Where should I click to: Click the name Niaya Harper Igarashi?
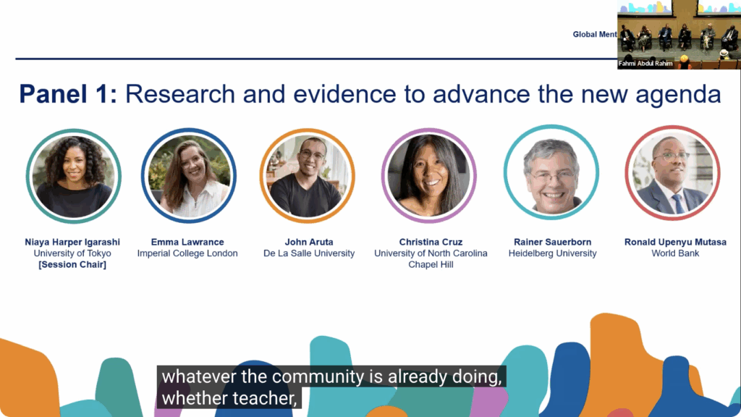(x=72, y=242)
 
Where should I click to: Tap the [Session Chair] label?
(x=72, y=265)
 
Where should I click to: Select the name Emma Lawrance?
(x=187, y=242)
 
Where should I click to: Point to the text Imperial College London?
(x=187, y=253)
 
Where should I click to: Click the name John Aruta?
(x=309, y=242)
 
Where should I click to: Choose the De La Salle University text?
(x=309, y=253)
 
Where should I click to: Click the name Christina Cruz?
(x=431, y=242)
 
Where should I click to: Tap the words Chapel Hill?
(x=431, y=265)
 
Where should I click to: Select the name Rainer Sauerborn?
(x=552, y=242)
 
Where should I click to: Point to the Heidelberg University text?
(x=552, y=253)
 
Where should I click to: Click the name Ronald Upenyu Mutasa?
(x=675, y=242)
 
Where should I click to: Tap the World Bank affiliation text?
(x=675, y=253)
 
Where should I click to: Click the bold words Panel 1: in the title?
(x=68, y=93)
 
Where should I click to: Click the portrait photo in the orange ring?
(x=307, y=176)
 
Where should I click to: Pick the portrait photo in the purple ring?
(x=429, y=176)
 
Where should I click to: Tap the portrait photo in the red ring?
(x=672, y=173)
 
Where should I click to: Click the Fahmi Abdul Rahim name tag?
(x=645, y=64)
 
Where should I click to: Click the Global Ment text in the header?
(x=595, y=35)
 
